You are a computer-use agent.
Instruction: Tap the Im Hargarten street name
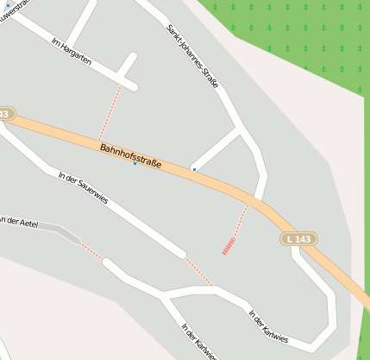point(72,55)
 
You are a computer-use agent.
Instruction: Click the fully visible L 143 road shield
point(298,238)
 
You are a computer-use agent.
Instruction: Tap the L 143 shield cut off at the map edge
point(5,114)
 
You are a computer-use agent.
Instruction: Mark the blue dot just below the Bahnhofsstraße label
point(135,164)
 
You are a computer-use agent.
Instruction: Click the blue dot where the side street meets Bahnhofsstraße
point(194,169)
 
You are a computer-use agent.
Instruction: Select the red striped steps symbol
point(229,246)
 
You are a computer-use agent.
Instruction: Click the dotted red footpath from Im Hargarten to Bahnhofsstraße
point(110,112)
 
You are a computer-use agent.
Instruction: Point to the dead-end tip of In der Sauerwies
point(180,253)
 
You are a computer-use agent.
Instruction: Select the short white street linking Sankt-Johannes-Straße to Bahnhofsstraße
point(217,150)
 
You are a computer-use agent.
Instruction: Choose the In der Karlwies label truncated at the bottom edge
point(198,342)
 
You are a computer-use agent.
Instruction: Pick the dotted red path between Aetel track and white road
point(91,251)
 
